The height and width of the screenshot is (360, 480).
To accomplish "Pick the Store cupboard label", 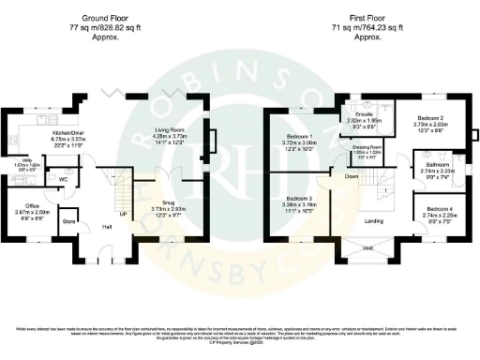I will (68, 222).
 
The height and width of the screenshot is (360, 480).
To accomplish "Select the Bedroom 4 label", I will (439, 208).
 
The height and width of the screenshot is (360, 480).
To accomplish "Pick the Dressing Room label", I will (367, 147).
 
